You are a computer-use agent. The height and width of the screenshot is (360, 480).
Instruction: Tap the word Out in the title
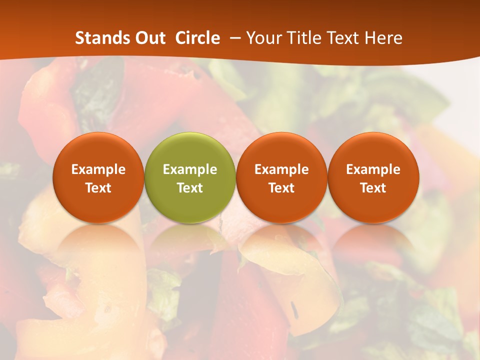(x=149, y=38)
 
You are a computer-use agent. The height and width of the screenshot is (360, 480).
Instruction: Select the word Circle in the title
(x=197, y=38)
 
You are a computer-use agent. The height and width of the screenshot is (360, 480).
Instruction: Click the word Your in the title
(x=263, y=38)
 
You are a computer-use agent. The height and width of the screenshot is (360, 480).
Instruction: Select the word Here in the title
(x=383, y=38)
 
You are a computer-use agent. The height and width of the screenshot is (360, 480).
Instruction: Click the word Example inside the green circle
(x=190, y=169)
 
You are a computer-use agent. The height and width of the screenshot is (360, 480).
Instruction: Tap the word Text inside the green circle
(x=190, y=188)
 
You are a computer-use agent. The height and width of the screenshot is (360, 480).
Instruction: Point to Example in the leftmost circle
(x=98, y=169)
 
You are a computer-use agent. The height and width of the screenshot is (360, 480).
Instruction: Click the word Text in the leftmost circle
(x=98, y=188)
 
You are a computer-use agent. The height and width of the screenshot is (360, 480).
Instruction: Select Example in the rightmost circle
(x=373, y=169)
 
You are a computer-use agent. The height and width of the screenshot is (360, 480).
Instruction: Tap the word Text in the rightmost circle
(x=373, y=188)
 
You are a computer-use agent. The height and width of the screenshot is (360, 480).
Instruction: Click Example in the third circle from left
(x=281, y=169)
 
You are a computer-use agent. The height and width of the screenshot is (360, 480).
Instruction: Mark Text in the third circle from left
(x=281, y=188)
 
